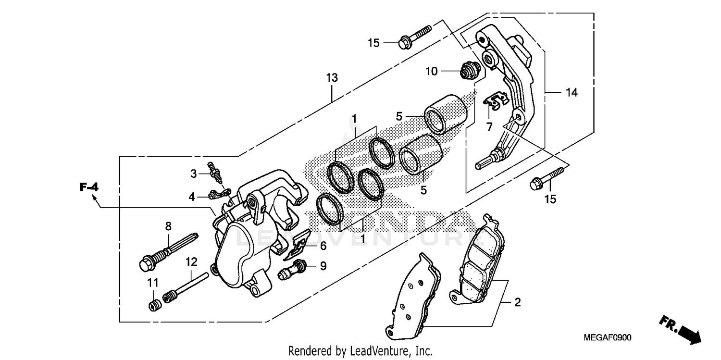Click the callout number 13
click(x=332, y=77)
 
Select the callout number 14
click(x=571, y=92)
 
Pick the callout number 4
click(x=192, y=197)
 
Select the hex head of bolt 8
click(x=144, y=263)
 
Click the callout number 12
click(x=191, y=262)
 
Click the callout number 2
click(x=517, y=303)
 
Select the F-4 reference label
click(x=89, y=187)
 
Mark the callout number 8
click(x=168, y=226)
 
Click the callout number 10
click(x=431, y=72)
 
